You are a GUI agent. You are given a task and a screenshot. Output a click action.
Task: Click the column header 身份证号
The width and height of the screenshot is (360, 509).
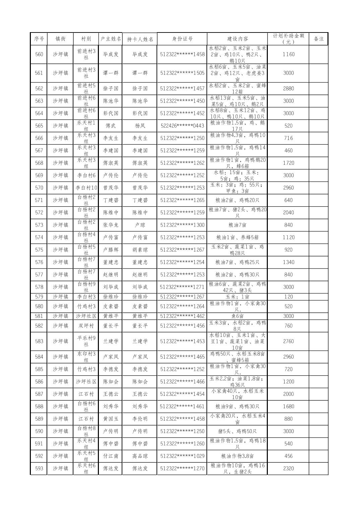pos(182,39)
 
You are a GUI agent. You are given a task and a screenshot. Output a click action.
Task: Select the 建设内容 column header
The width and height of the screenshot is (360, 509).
pos(237,39)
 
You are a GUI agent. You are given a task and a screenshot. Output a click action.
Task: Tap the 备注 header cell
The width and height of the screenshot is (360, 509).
pos(318,39)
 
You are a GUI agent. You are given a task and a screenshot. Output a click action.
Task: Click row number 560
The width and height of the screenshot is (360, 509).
pos(39,54)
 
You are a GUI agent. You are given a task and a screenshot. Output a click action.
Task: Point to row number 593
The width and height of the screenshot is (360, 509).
pos(39,468)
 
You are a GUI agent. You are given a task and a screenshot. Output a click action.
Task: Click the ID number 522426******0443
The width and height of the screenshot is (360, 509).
pos(182,126)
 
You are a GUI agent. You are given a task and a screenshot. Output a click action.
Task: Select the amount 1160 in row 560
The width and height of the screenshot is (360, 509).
pos(288,54)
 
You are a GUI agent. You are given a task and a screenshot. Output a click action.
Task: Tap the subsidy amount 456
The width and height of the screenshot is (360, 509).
pos(288,456)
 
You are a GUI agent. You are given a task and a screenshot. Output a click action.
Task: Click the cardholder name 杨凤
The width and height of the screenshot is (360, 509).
pos(140,126)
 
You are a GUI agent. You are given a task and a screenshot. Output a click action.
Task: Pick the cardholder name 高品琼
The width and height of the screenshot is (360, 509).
pos(140,456)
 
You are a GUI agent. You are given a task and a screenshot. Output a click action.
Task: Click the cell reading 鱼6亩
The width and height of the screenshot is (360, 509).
pos(237,316)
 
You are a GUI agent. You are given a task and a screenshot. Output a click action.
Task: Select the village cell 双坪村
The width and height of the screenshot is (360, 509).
pos(86,326)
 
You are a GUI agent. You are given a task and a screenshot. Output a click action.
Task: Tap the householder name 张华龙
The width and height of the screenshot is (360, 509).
pos(111,225)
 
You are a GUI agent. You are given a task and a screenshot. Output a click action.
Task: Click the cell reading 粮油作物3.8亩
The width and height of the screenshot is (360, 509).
pos(237,456)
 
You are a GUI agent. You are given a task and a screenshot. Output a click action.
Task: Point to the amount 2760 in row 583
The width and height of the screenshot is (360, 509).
pos(288,342)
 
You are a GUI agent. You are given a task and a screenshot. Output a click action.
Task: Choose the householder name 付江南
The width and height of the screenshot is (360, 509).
pos(111,456)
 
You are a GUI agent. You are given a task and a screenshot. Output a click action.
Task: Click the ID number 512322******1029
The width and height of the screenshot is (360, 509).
pos(182,456)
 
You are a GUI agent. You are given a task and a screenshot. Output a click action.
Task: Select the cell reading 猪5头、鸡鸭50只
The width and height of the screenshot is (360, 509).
pos(237,431)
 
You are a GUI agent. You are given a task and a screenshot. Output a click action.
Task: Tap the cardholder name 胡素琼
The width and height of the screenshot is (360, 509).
pos(140,250)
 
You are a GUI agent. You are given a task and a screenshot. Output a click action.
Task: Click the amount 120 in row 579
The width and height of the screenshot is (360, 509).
pos(288,297)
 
